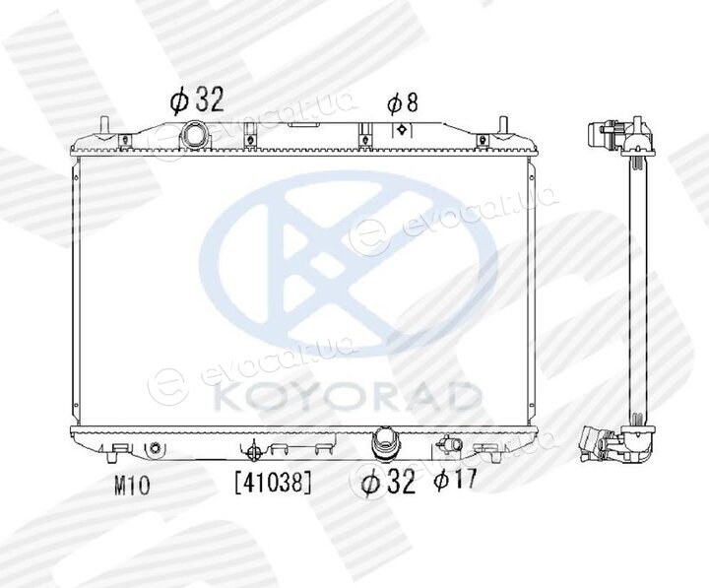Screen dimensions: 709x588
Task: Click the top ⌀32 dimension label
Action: click(x=197, y=99)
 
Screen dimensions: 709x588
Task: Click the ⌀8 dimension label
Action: click(x=402, y=103)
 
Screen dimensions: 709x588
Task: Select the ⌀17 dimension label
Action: click(x=455, y=479)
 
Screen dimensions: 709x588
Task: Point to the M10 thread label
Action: click(x=132, y=486)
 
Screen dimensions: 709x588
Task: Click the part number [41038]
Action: click(x=273, y=482)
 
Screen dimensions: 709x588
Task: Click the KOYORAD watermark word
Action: click(x=348, y=397)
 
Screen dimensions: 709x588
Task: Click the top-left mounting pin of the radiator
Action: click(x=104, y=126)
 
